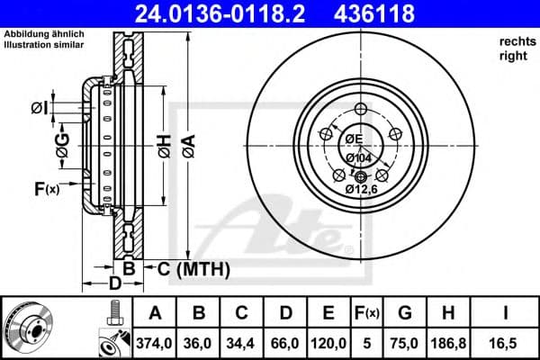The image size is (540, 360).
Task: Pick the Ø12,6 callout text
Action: [x=361, y=188]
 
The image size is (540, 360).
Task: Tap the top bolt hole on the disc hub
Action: [x=362, y=109]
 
